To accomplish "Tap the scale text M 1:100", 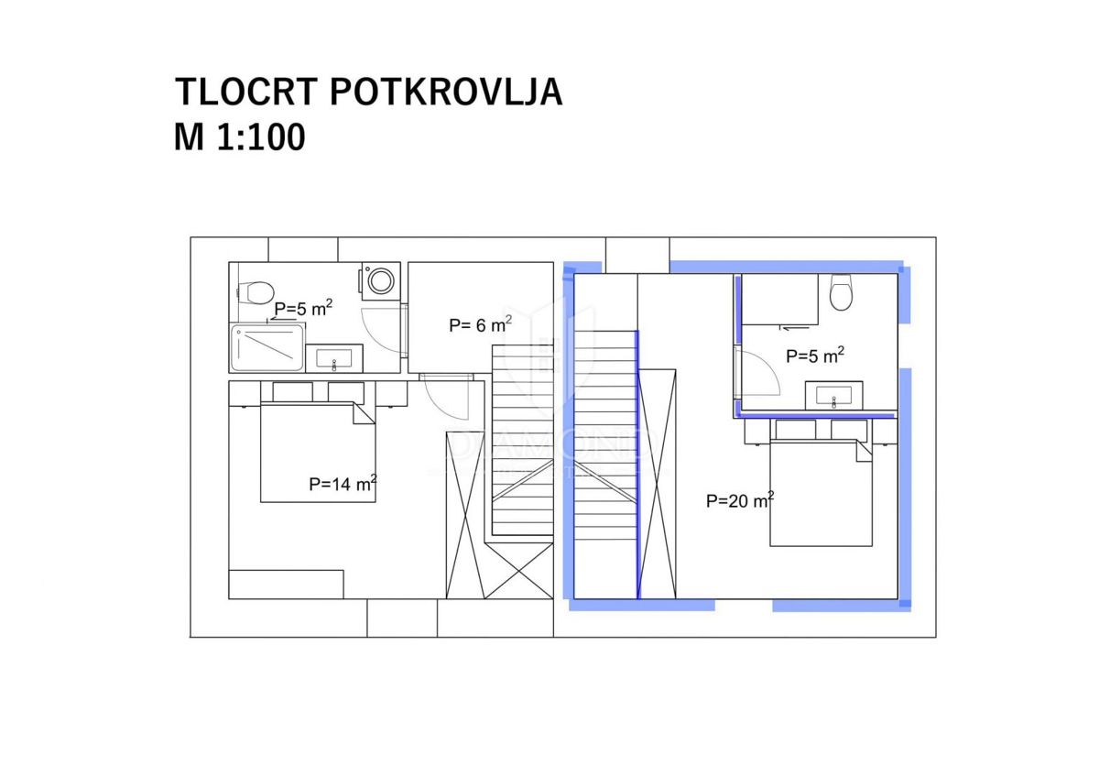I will pyautogui.click(x=239, y=137).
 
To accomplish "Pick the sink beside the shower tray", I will pyautogui.click(x=334, y=358).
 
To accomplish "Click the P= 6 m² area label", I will pyautogui.click(x=479, y=324).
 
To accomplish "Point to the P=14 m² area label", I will pyautogui.click(x=343, y=484).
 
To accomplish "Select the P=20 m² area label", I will pyautogui.click(x=739, y=500).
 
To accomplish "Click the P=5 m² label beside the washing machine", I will pyautogui.click(x=303, y=309).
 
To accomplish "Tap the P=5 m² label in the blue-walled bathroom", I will pyautogui.click(x=814, y=355).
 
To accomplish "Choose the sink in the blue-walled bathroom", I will pyautogui.click(x=833, y=396).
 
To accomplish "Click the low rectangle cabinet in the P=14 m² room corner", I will pyautogui.click(x=286, y=584).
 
